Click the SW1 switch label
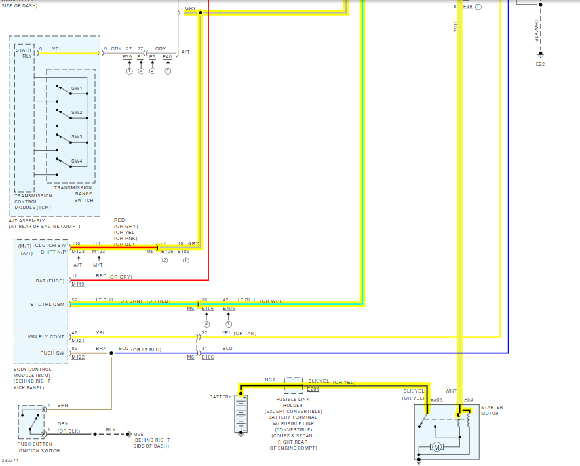[x=77, y=88]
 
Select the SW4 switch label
[x=77, y=161]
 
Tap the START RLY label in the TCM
[x=24, y=52]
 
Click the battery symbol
[x=241, y=414]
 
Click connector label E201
[x=313, y=389]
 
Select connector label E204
[x=436, y=399]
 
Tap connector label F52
[x=468, y=399]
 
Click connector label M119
[x=78, y=284]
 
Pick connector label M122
[x=78, y=357]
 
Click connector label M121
[x=78, y=340]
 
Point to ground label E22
[x=540, y=64]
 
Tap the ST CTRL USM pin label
[x=47, y=304]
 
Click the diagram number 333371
[x=10, y=461]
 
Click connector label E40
[x=167, y=57]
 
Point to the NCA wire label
[x=270, y=380]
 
